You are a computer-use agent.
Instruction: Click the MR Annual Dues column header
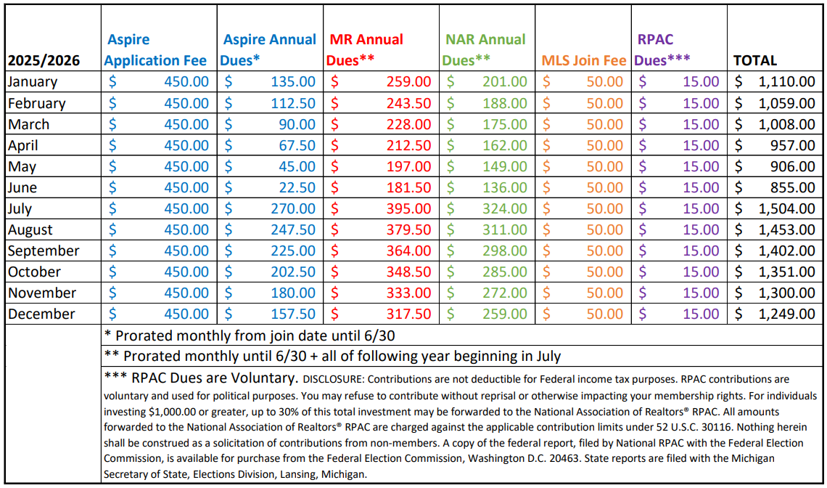click(x=366, y=49)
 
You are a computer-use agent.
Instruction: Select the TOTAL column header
click(x=755, y=60)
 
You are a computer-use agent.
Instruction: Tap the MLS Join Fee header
click(x=583, y=60)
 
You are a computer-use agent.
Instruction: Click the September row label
click(x=44, y=251)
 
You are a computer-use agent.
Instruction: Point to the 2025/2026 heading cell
click(x=44, y=60)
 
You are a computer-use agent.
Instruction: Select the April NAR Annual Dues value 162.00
click(x=505, y=145)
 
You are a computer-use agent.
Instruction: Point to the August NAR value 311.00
click(x=505, y=229)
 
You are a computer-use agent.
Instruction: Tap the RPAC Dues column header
click(x=662, y=49)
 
